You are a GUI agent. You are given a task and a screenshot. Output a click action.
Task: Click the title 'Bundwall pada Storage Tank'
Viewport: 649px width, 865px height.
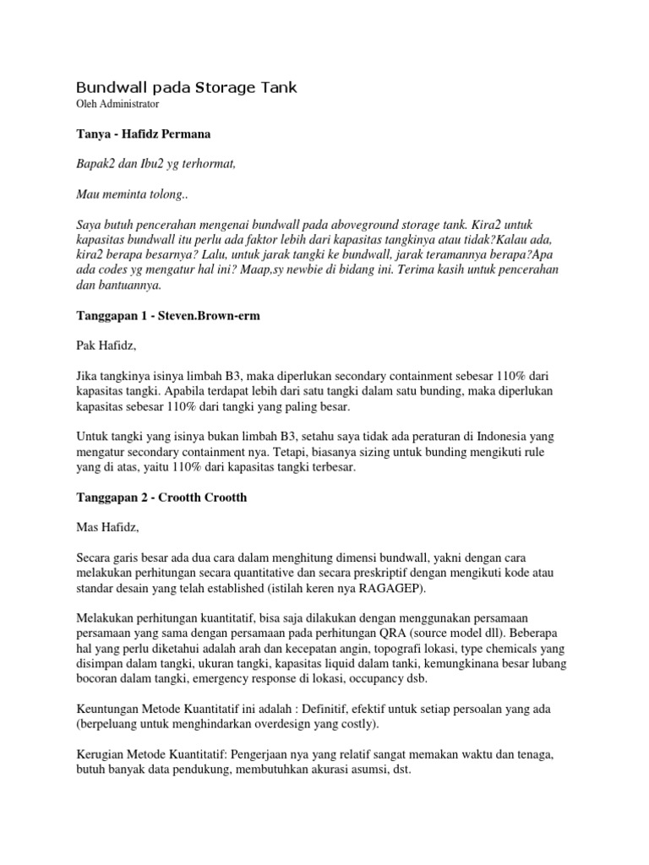[187, 87]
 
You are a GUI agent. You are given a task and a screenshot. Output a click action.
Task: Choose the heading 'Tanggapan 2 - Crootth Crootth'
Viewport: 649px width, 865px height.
[161, 497]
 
